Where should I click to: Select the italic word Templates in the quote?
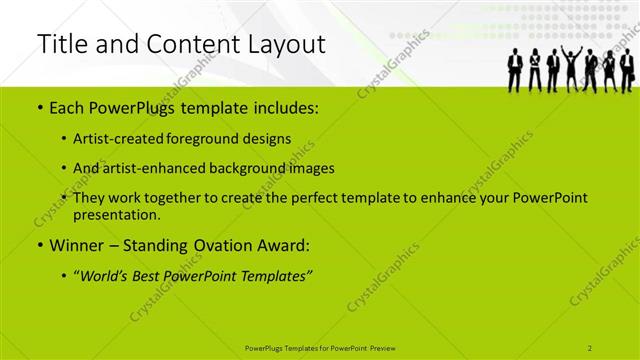pyautogui.click(x=276, y=277)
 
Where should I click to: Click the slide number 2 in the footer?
pyautogui.click(x=591, y=346)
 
